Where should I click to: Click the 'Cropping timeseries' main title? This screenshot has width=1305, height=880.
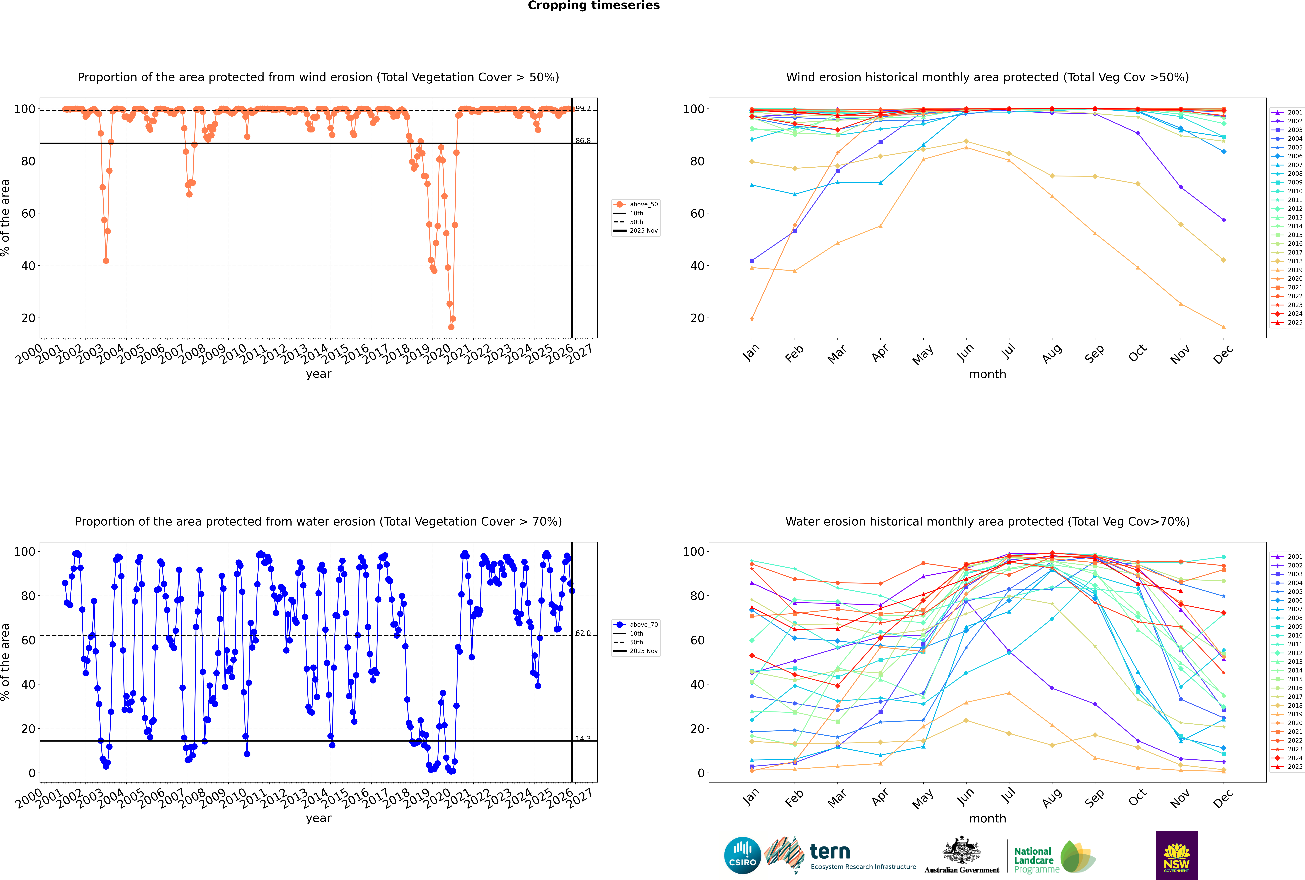click(x=594, y=6)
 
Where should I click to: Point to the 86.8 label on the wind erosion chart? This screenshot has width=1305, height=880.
click(x=583, y=141)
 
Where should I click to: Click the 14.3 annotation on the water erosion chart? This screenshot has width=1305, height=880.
click(x=583, y=739)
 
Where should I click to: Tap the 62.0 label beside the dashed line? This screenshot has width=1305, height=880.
click(x=583, y=633)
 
